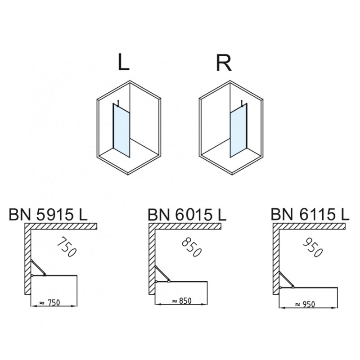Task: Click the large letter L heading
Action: coord(123,62)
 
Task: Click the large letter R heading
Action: coord(224,62)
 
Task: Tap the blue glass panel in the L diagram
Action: coord(121,130)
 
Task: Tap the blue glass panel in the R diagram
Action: coord(238,130)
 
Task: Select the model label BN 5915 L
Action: coord(48,215)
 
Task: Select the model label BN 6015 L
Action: coord(187,215)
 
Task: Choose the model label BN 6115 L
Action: coord(310,214)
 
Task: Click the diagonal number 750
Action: coord(66,247)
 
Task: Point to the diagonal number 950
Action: coord(313,247)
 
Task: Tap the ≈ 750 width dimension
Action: coord(50,303)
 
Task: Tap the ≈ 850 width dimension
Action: coord(181,301)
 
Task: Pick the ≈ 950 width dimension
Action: coord(305,305)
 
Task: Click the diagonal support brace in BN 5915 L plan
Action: coord(38,267)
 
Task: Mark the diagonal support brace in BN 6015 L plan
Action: coord(162,274)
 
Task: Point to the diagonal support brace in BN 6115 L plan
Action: coord(286,279)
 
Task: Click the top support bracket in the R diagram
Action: coord(242,104)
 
